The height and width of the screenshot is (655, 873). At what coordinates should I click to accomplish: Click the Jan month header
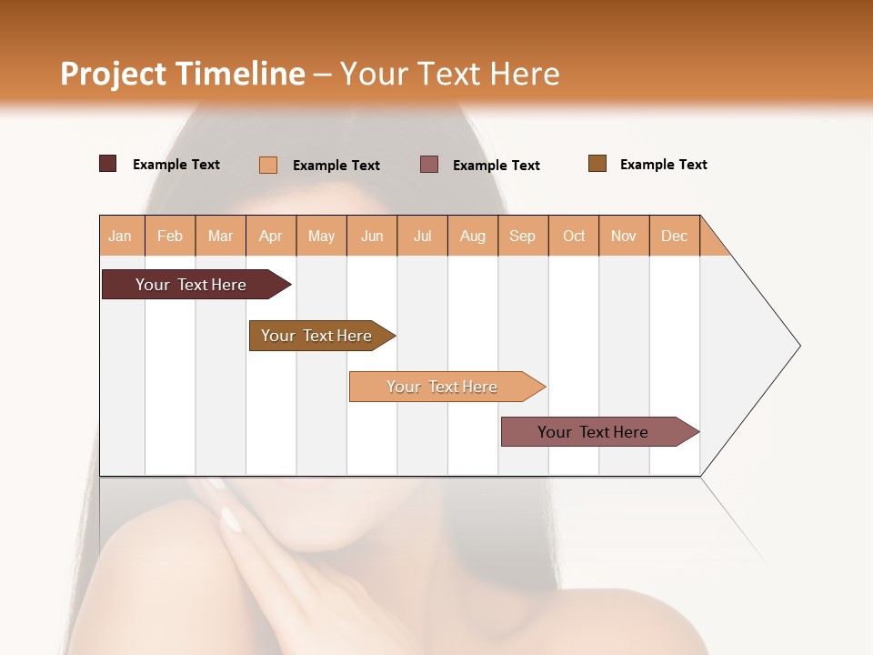[x=120, y=236]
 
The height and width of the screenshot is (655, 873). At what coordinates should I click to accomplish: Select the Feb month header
[x=170, y=236]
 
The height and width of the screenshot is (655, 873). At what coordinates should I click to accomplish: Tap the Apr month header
[x=270, y=236]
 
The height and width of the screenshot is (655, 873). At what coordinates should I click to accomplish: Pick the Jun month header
[x=372, y=236]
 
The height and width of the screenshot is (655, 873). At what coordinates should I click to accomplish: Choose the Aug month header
[x=472, y=236]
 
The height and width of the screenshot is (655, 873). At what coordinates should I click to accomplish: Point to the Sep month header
[x=522, y=236]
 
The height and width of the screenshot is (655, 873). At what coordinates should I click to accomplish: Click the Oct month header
[x=574, y=236]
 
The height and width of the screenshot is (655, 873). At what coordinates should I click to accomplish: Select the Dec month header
[x=674, y=236]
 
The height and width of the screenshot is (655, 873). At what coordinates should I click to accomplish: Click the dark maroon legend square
[x=108, y=164]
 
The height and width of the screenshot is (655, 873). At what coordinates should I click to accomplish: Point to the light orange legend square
[x=268, y=165]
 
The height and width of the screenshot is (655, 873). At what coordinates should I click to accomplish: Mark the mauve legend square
[x=429, y=164]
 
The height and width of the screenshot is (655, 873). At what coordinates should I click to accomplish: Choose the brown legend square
[x=597, y=164]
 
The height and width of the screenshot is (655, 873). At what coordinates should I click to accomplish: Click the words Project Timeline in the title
[x=183, y=74]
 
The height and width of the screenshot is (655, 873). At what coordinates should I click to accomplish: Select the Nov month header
[x=624, y=236]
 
